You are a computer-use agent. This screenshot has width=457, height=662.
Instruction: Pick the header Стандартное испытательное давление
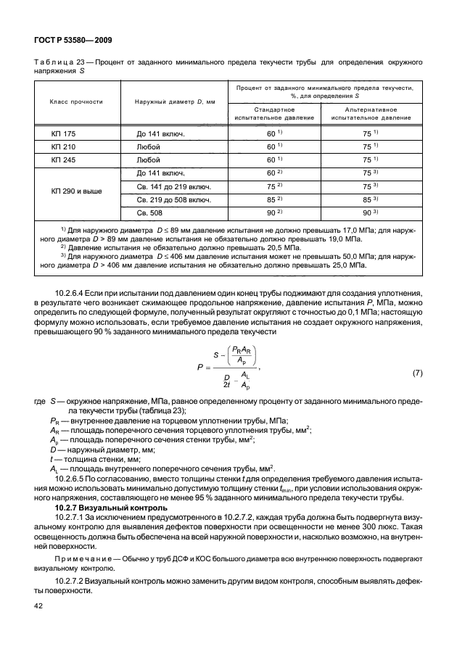pyautogui.click(x=270, y=112)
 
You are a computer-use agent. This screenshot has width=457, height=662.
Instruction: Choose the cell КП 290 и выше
pyautogui.click(x=76, y=192)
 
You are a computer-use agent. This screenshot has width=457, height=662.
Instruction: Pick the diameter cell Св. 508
pyautogui.click(x=150, y=212)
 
